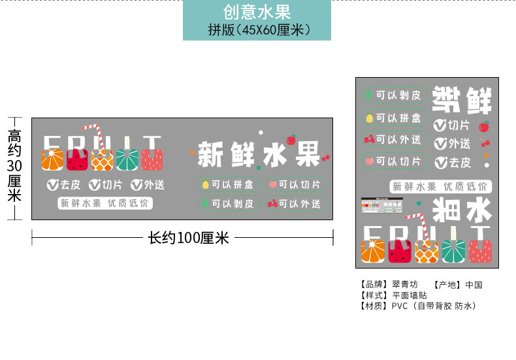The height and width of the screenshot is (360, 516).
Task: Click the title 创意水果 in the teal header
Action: [x=256, y=12]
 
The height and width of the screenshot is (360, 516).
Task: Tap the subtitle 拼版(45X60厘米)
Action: [x=256, y=30]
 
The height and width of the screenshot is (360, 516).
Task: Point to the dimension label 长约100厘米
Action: [x=189, y=238]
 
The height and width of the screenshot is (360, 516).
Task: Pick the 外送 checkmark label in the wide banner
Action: [x=147, y=185]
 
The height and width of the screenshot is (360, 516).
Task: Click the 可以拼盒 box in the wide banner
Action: [x=229, y=184]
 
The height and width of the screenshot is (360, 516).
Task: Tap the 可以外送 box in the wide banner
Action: [x=293, y=204]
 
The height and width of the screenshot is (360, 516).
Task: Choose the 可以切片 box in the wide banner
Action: [x=293, y=184]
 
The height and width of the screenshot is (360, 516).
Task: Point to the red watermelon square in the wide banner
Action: [x=76, y=160]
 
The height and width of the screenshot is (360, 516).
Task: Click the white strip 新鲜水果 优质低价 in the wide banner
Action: [x=105, y=203]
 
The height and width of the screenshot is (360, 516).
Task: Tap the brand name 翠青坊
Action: [x=404, y=284]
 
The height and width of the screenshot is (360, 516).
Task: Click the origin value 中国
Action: [x=473, y=284]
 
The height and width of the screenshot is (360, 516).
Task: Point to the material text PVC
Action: [x=400, y=305]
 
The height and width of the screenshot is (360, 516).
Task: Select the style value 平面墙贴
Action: [x=410, y=295]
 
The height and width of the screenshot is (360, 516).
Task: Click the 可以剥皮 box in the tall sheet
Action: [x=394, y=95]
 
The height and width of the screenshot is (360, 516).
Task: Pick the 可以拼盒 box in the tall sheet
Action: [x=394, y=118]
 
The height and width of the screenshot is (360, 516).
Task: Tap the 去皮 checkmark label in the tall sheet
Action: [x=453, y=163]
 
